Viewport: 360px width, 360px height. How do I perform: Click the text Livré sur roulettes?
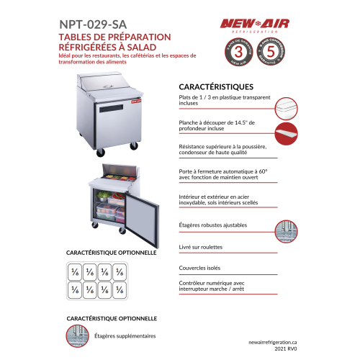201,247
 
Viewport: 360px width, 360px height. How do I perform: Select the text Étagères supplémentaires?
125,336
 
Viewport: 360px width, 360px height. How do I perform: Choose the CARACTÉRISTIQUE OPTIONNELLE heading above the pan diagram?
112,253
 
